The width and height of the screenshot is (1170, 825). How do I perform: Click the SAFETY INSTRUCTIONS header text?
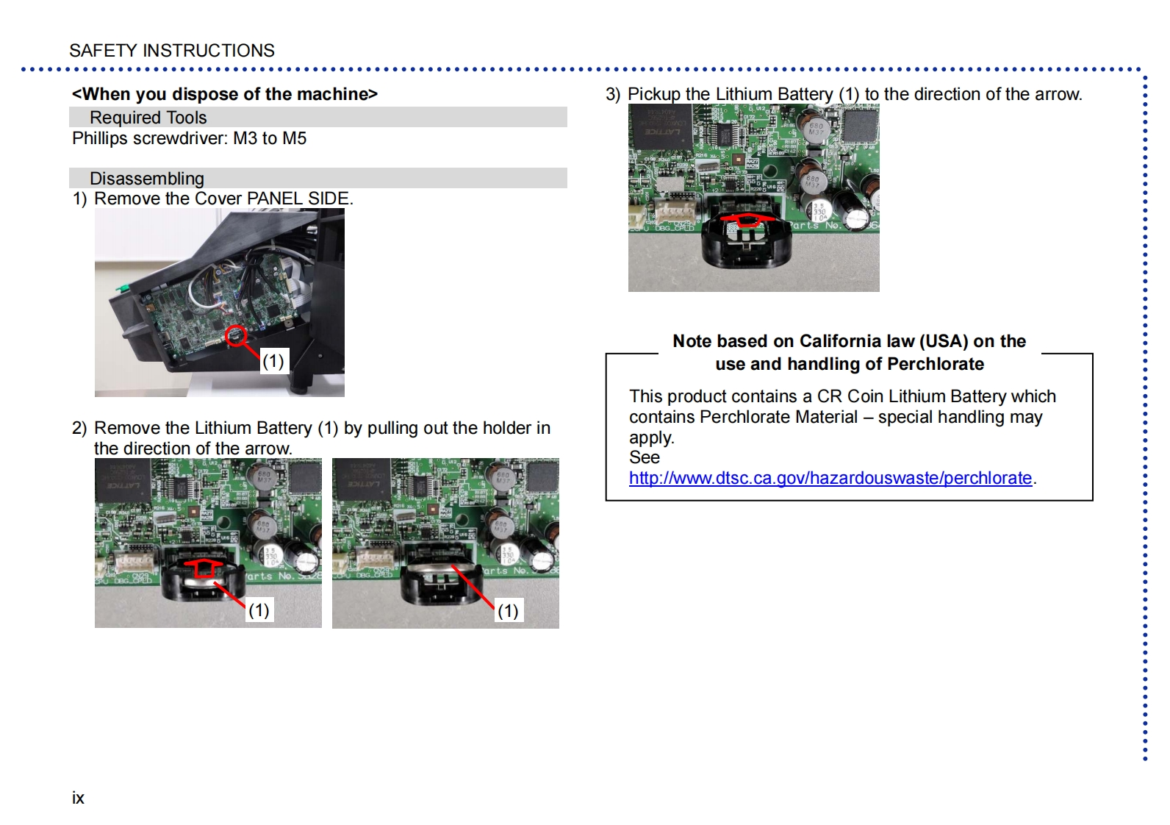coord(172,51)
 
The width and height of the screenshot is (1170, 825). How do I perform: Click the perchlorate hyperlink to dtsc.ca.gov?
coord(830,478)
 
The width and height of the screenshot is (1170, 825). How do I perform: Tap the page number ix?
coord(78,798)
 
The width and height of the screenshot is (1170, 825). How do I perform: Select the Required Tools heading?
coord(148,118)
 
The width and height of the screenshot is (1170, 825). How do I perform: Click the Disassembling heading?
coord(147,179)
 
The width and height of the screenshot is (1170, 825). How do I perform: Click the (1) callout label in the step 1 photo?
coord(273,361)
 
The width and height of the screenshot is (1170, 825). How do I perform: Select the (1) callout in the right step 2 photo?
coord(508,610)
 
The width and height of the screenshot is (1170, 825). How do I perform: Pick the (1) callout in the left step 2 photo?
coord(259,610)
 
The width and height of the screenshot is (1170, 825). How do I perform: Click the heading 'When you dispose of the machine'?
coord(225,94)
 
